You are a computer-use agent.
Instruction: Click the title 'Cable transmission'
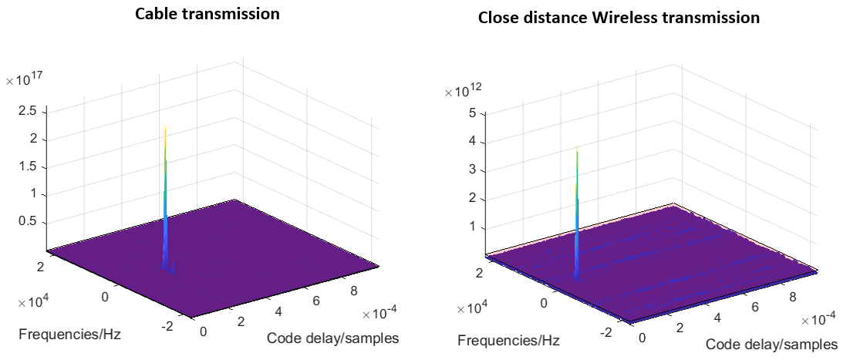207,14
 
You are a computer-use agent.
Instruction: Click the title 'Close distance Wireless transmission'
619,18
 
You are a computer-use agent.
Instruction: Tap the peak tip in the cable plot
166,124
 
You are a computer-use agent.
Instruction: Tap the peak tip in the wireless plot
577,150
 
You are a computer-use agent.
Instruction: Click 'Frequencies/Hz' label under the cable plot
69,335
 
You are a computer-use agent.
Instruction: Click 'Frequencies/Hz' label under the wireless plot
509,340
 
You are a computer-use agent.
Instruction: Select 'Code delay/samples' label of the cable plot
332,338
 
